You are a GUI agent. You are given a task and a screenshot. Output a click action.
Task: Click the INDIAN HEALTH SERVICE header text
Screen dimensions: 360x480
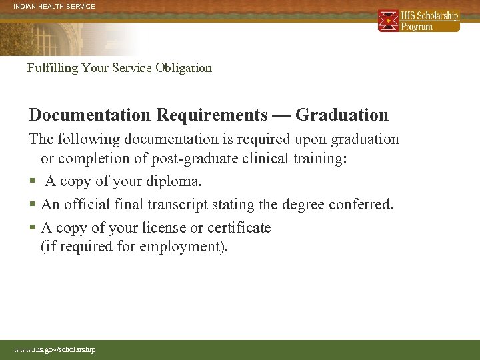55,7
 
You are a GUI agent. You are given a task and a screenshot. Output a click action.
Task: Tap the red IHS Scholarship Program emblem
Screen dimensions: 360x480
388,21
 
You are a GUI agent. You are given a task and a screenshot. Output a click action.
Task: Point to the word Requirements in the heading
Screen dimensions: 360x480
211,115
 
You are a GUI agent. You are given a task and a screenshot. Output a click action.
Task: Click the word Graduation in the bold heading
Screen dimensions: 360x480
341,115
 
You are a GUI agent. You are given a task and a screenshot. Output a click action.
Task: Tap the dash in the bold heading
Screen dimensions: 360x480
281,115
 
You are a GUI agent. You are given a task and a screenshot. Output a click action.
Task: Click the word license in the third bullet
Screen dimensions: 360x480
164,228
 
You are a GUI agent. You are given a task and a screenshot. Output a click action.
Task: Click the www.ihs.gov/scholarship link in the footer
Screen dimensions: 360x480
55,349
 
